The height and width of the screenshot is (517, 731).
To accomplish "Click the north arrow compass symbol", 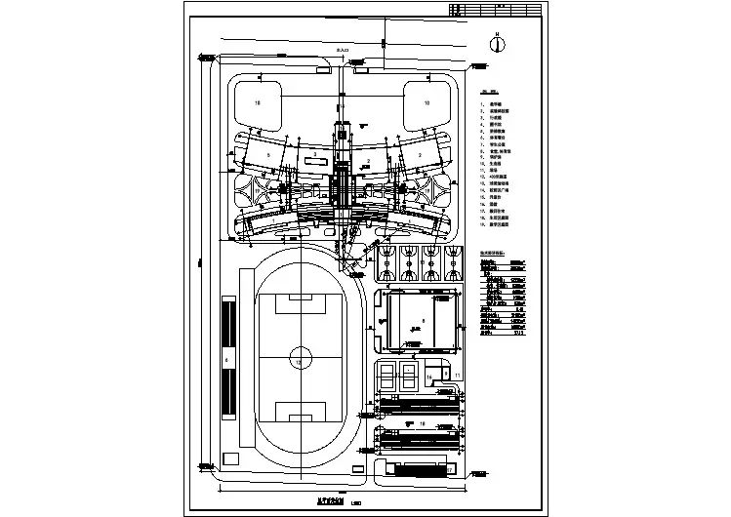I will click(497, 43).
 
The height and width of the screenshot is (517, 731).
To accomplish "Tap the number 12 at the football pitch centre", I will click(299, 362).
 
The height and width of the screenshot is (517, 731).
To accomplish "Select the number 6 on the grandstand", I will click(226, 360).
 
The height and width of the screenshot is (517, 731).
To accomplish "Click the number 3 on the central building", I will click(314, 156).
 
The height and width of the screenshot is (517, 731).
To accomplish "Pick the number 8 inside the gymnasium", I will click(423, 319).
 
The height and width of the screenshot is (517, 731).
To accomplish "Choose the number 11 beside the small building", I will click(457, 375).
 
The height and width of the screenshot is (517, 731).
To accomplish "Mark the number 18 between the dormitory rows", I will click(422, 422).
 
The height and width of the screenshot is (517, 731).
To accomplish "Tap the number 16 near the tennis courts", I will click(428, 375).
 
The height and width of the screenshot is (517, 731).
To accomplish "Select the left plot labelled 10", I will click(257, 101).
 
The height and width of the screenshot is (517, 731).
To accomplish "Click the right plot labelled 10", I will click(426, 101).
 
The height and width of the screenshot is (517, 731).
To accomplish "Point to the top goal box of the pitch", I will click(298, 303).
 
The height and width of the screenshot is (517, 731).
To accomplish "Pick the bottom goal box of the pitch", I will click(298, 411).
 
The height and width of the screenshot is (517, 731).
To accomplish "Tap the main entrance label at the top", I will click(342, 48).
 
